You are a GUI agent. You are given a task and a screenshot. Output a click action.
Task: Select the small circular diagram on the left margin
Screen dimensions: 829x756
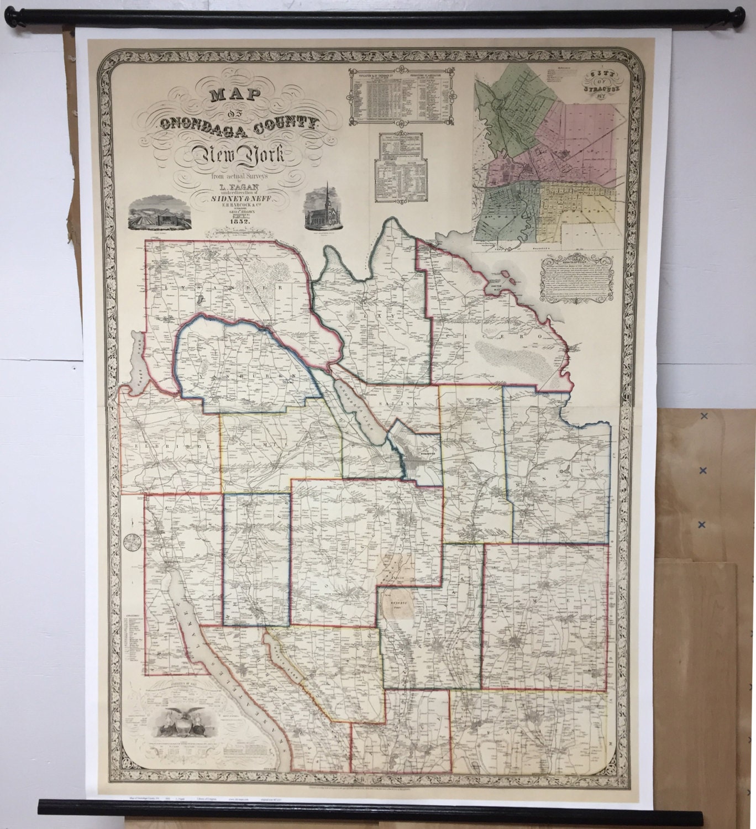pos(132,542)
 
